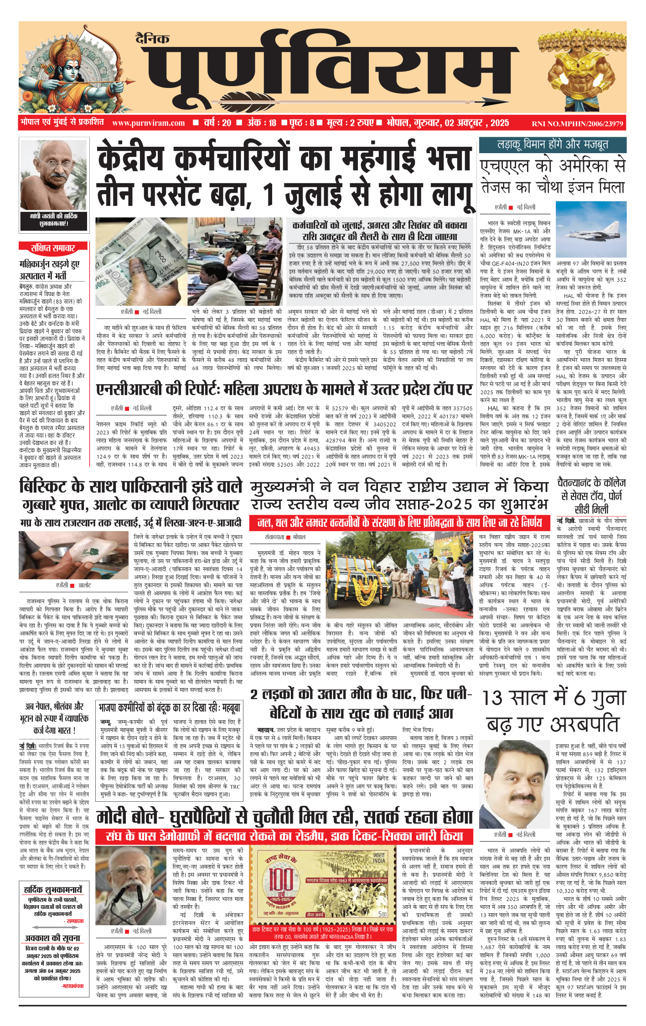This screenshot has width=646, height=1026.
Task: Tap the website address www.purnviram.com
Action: tap(148, 123)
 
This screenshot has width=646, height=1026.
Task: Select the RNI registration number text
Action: tap(577, 124)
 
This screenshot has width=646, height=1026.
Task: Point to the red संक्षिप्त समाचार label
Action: tap(53, 248)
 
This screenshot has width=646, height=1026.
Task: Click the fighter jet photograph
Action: tap(591, 229)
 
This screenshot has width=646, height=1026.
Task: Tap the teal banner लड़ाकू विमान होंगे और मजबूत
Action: tap(553, 145)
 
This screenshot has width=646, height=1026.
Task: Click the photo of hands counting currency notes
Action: tap(141, 262)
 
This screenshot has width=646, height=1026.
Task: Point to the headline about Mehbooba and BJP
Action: tap(169, 708)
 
